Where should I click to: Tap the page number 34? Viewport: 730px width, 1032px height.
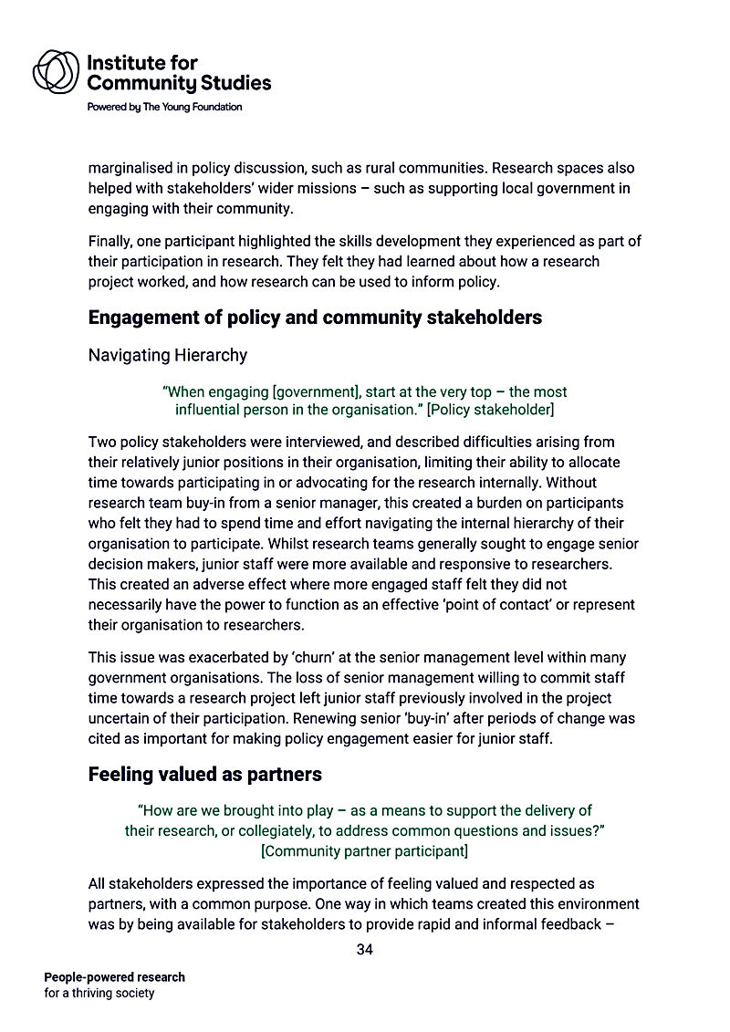365,950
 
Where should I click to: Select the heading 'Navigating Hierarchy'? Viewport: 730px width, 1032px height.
167,354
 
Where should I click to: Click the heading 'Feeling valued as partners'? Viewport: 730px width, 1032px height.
204,775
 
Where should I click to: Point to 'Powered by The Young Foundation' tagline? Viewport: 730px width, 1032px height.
164,107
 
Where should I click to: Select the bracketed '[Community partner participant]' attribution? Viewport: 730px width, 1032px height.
364,851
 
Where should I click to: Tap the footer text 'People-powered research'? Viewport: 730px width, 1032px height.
114,977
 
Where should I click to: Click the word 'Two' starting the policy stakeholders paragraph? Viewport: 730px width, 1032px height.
102,442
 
